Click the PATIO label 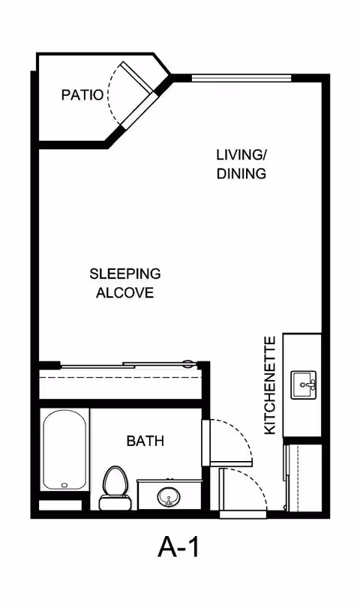tap(82, 95)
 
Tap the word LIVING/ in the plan tap(241, 154)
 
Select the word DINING tap(241, 173)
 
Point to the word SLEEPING tap(125, 274)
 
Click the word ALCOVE tap(125, 292)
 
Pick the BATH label tap(145, 441)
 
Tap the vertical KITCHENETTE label tap(270, 385)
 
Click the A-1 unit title tap(178, 547)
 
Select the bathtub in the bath tap(64, 449)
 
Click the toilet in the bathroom tap(115, 488)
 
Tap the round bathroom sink tap(169, 496)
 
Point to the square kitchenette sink tap(304, 385)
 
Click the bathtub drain tap(64, 485)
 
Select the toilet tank tap(115, 503)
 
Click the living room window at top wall tap(241, 78)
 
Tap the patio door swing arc tap(112, 92)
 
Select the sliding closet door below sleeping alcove tap(129, 364)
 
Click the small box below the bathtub tap(61, 505)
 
